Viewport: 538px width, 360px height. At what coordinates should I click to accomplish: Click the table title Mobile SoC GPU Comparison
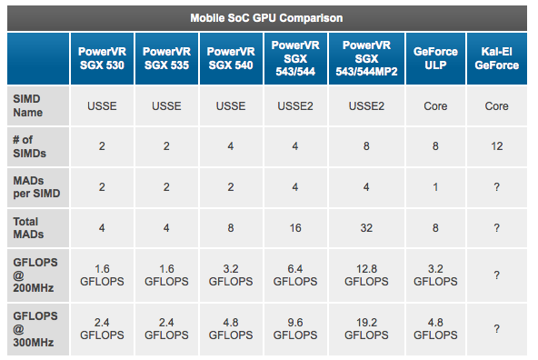pyautogui.click(x=266, y=17)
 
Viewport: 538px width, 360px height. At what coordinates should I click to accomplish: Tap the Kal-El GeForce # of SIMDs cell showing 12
pyautogui.click(x=496, y=146)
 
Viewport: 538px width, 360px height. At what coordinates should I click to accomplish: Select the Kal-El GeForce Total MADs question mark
pyautogui.click(x=496, y=226)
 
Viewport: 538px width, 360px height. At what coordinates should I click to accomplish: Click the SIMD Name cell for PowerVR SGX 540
pyautogui.click(x=232, y=106)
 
